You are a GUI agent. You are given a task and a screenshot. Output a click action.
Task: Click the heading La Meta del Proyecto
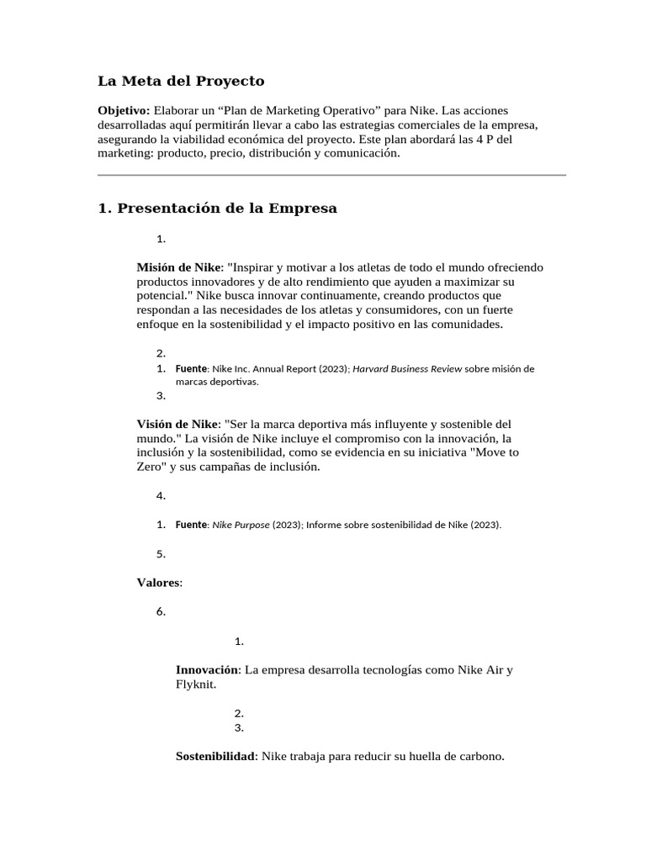pyautogui.click(x=181, y=82)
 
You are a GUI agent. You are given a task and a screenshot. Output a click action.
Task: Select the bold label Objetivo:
pyautogui.click(x=124, y=111)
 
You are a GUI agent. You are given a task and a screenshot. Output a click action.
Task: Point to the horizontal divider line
pyautogui.click(x=331, y=175)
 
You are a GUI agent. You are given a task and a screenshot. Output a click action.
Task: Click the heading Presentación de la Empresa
pyautogui.click(x=218, y=209)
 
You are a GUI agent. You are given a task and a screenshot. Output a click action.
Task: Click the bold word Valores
pyautogui.click(x=158, y=582)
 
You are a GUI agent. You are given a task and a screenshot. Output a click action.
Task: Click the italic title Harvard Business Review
pyautogui.click(x=407, y=368)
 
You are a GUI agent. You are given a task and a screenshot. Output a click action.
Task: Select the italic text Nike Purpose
pyautogui.click(x=241, y=525)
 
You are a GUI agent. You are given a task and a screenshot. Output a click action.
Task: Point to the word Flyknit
pyautogui.click(x=195, y=684)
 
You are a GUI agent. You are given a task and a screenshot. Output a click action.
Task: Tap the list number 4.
pyautogui.click(x=161, y=496)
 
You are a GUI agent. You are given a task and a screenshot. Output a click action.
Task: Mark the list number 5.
pyautogui.click(x=161, y=554)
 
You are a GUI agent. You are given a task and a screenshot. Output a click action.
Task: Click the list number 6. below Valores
pyautogui.click(x=161, y=611)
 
